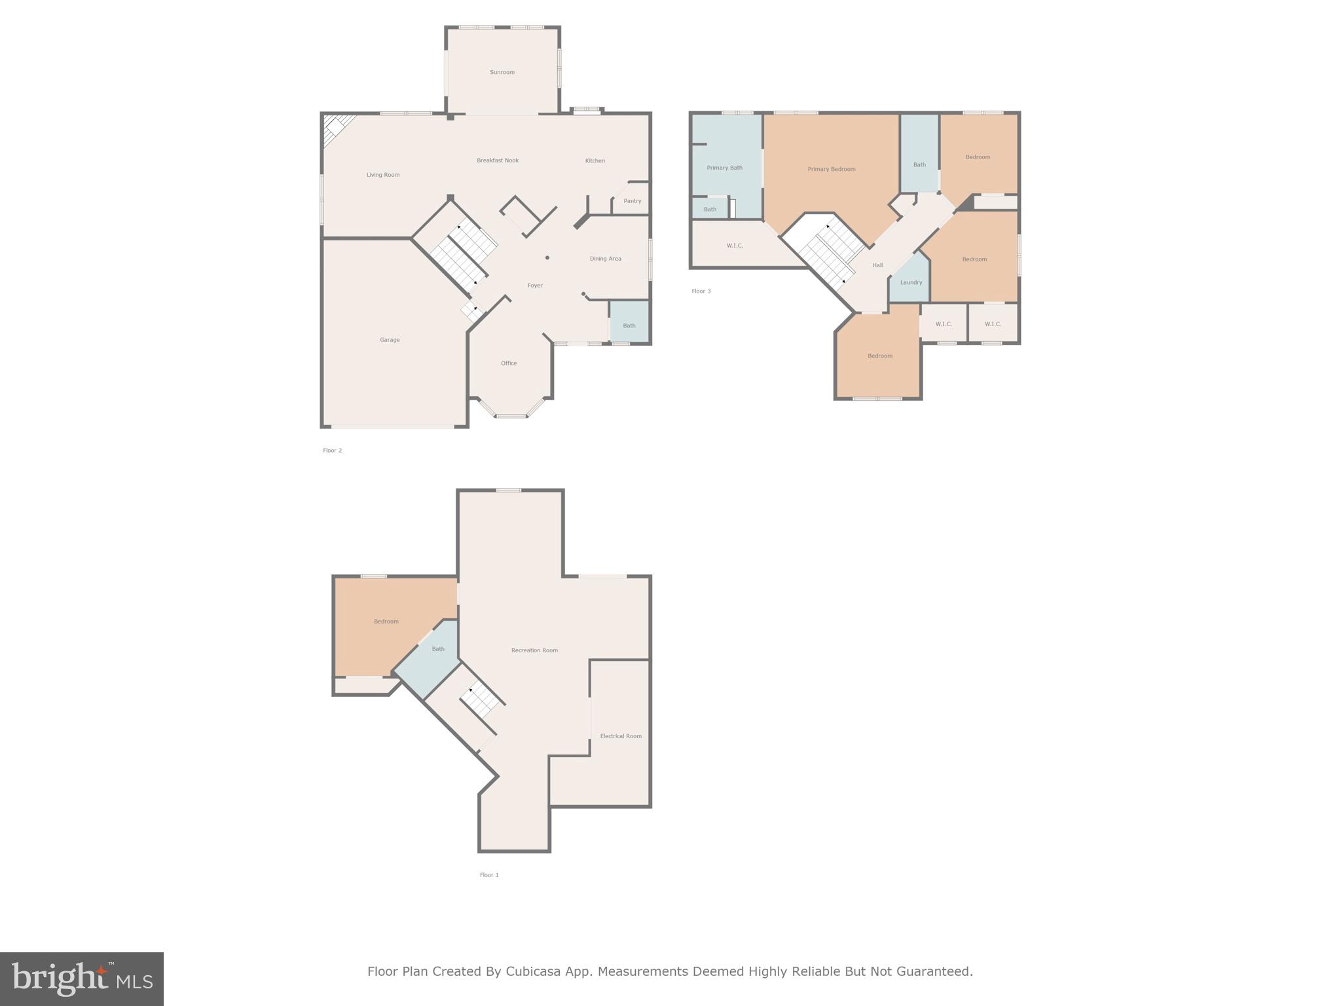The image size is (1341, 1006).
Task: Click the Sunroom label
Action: [x=502, y=72]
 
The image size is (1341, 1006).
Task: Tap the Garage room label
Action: [x=390, y=340]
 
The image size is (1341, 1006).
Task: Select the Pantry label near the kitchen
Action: [x=632, y=201]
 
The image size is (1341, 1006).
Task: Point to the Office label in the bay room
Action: [x=509, y=363]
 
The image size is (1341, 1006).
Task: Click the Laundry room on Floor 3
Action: [x=911, y=282]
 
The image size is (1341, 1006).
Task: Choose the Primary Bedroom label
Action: [x=831, y=169]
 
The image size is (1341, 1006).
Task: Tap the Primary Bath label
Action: [x=724, y=168]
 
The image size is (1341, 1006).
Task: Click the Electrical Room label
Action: [x=621, y=736]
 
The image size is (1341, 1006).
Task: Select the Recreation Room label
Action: [x=534, y=650]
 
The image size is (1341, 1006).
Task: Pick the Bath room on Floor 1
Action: [x=438, y=649]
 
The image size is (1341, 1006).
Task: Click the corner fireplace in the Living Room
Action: [x=337, y=126]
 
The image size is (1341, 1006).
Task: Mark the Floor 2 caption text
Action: [x=332, y=451]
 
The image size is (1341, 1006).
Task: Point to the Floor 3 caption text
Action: [x=701, y=291]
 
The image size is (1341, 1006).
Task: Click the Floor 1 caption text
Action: [x=489, y=875]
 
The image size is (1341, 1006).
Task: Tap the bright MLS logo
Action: [x=82, y=978]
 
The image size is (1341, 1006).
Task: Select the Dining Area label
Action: [x=605, y=259]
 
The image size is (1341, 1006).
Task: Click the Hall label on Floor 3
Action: [x=877, y=265]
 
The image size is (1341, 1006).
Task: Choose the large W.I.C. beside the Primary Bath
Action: [x=735, y=246]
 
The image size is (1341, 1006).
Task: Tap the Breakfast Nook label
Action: [x=498, y=160]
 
